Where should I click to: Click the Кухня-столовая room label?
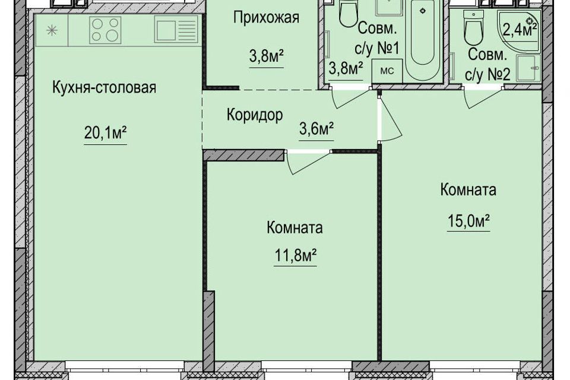[104, 88]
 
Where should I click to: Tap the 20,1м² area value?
[106, 133]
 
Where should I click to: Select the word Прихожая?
[266, 17]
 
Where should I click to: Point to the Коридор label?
[255, 115]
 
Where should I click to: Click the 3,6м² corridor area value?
[316, 129]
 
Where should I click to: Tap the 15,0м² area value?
[468, 220]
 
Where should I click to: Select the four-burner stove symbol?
[105, 30]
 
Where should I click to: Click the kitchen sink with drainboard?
[176, 30]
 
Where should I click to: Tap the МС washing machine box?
[387, 71]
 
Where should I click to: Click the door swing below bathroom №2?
[483, 98]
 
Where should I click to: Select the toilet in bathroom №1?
[349, 13]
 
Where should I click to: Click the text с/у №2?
[488, 75]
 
